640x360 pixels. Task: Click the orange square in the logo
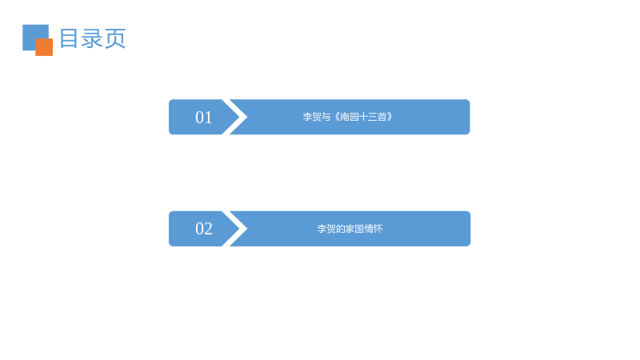(x=44, y=47)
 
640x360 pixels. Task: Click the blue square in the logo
(x=33, y=34)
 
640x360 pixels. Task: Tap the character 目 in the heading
(x=69, y=38)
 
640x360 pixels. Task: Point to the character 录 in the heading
(x=92, y=38)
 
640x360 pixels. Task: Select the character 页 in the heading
(x=114, y=38)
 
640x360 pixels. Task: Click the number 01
(x=204, y=118)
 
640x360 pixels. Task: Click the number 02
(x=204, y=229)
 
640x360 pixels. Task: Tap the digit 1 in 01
(x=209, y=118)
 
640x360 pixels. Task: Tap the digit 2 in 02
(x=208, y=229)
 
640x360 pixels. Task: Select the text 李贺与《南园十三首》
(x=347, y=117)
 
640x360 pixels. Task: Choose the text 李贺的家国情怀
(x=350, y=229)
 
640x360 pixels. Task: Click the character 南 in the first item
(x=345, y=117)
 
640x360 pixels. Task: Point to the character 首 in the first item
(x=382, y=117)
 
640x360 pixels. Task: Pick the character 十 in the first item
(x=363, y=117)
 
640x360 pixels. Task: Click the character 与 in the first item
(x=326, y=117)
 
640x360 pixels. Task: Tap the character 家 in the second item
(x=350, y=229)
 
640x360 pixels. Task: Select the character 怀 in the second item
(x=378, y=229)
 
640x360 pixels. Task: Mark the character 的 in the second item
(x=341, y=229)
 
